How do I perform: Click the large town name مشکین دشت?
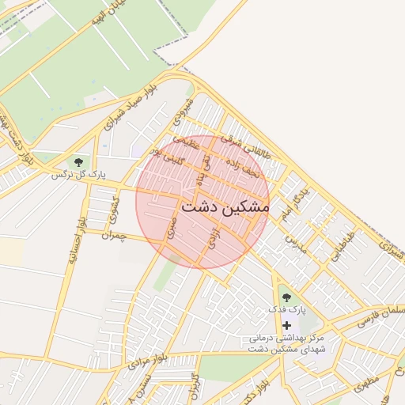[x=225, y=206]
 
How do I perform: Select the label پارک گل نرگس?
[x=78, y=173]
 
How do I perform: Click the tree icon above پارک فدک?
[x=286, y=297]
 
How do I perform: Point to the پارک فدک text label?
[x=286, y=309]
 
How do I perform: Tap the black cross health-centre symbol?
[x=286, y=325]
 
